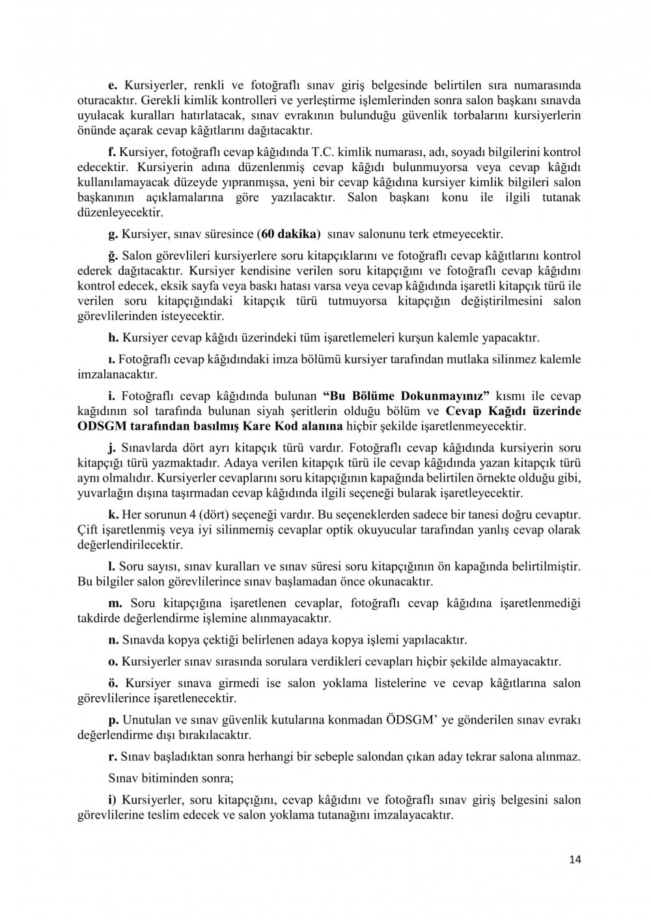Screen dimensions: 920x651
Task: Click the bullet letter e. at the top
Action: click(111, 85)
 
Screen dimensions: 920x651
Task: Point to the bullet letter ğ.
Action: click(112, 255)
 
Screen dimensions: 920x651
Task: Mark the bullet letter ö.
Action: click(112, 683)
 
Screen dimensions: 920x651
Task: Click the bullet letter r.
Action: click(111, 757)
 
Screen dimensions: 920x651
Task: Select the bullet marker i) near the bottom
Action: click(113, 800)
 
